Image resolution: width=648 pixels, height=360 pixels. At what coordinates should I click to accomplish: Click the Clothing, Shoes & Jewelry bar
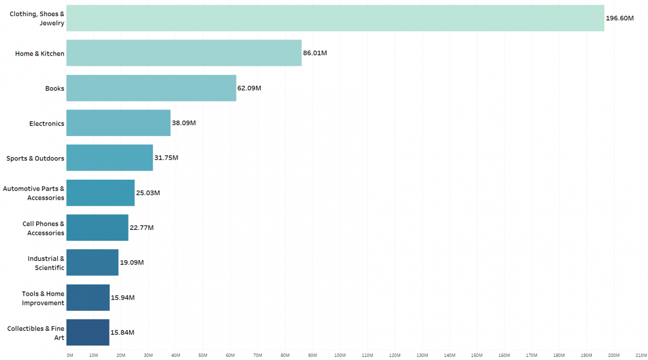[x=335, y=18]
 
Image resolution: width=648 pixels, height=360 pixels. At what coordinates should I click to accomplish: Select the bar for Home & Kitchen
[x=184, y=53]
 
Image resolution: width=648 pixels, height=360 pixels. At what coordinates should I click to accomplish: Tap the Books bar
[x=151, y=88]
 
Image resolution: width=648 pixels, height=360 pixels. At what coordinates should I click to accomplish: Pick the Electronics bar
[x=118, y=123]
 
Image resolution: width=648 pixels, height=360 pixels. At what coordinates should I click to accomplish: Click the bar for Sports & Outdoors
[x=110, y=158]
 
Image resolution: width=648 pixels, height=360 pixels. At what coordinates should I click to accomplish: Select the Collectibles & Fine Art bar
[x=87, y=332]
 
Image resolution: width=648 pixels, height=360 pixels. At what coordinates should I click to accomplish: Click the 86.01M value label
[x=315, y=53]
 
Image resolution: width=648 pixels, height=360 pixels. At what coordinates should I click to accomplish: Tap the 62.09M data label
[x=249, y=88]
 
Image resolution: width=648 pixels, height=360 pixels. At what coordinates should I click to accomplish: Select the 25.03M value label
[x=148, y=193]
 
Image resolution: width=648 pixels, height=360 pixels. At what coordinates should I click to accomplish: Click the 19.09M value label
[x=132, y=263]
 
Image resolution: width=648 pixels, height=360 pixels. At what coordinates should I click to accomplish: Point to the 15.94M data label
[x=123, y=297]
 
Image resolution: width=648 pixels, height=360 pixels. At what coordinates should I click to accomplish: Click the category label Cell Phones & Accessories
[x=43, y=228]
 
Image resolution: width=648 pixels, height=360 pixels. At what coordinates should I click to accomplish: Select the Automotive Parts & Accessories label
[x=33, y=193]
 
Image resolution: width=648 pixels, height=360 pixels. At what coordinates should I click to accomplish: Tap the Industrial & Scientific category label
[x=46, y=263]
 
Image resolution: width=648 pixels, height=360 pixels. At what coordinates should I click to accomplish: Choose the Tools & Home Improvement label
[x=43, y=298]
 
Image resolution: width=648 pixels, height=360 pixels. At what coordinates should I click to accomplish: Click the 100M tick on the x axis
[x=340, y=355]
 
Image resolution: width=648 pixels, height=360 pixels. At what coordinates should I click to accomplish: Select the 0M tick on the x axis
[x=70, y=355]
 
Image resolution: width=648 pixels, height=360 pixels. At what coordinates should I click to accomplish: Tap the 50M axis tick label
[x=203, y=355]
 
